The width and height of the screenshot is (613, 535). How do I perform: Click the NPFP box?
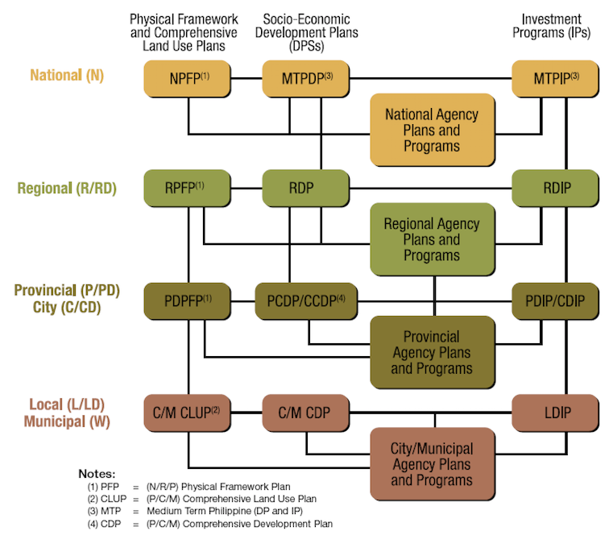pos(187,79)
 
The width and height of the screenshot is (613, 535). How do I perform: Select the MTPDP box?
pos(306,79)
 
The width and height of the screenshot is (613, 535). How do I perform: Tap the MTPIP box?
pos(556,79)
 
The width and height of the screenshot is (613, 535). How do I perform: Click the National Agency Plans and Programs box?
pos(432,130)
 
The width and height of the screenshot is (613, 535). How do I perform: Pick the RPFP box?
pos(187,189)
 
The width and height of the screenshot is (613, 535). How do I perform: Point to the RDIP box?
pos(556,189)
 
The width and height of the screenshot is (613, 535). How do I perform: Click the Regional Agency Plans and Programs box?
pos(432,239)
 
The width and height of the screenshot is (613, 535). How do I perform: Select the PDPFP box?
pos(187,301)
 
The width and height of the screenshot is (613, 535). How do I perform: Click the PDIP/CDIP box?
pos(556,301)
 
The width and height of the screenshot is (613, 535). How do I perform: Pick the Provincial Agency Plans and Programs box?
pos(432,352)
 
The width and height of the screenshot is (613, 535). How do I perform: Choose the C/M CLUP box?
pos(187,413)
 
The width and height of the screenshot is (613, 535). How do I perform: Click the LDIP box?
pos(556,413)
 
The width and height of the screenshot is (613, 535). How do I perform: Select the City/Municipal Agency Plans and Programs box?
pos(432,464)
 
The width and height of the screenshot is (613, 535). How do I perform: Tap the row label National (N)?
pos(67,76)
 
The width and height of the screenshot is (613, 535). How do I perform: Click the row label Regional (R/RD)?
pos(67,189)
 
